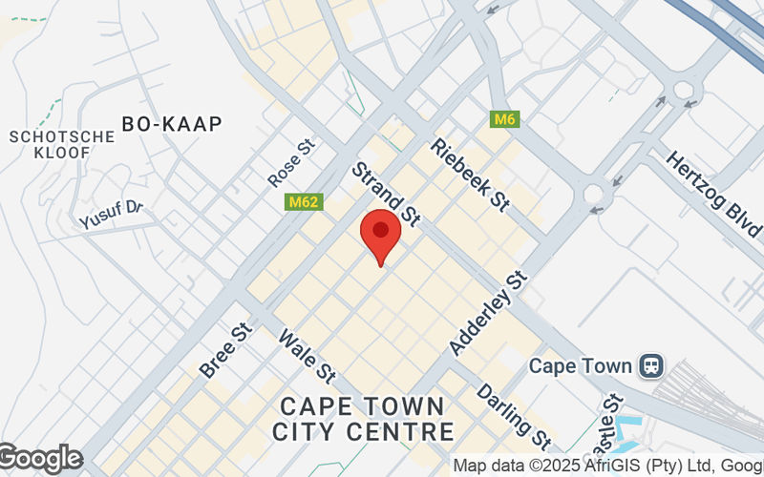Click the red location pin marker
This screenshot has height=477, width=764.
pos(380,235)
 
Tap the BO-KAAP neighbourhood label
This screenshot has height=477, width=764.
pos(172,123)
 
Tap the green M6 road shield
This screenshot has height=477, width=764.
pos(504,119)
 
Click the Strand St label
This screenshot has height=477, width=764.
pos(386,194)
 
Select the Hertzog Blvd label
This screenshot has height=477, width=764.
pos(713,195)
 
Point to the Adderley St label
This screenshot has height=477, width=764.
pos(489,313)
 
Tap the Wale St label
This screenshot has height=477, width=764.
pos(308,354)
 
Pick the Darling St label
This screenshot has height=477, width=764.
pos(514,416)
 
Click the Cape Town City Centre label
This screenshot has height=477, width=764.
pos(362,418)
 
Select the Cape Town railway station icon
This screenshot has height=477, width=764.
pos(653,365)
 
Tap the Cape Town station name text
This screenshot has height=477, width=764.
pos(581,366)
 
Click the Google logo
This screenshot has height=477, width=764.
pos(40,459)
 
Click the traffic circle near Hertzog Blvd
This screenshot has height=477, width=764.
pos(684,91)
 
